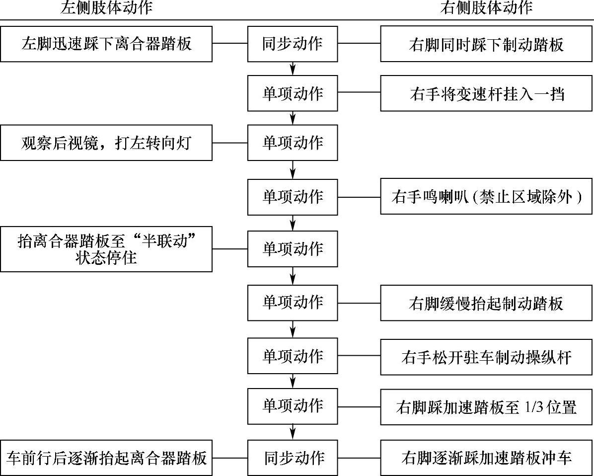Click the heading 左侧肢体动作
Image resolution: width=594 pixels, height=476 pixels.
click(x=106, y=7)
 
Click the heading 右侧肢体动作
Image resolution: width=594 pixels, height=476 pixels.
click(x=486, y=7)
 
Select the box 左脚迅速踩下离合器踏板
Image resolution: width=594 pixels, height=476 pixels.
click(x=106, y=44)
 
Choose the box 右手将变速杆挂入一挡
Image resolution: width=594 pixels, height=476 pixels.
click(x=486, y=93)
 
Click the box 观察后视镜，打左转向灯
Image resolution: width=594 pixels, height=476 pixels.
click(x=106, y=143)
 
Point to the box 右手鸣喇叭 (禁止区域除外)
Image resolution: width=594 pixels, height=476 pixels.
click(x=486, y=197)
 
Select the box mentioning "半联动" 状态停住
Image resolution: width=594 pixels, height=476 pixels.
click(x=106, y=249)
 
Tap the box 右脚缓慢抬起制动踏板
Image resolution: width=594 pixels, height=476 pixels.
click(x=486, y=303)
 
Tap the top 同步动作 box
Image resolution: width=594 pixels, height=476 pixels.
click(x=293, y=44)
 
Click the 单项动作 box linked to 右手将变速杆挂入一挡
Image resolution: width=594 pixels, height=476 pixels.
click(x=293, y=93)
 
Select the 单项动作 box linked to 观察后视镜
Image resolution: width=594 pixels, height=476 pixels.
click(x=293, y=143)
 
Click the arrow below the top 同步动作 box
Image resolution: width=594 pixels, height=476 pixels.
click(x=293, y=68)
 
